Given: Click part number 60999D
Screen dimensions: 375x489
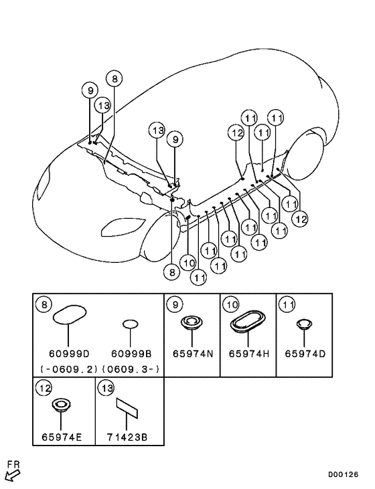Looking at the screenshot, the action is (69, 354).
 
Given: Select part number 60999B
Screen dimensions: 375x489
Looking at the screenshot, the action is (131, 354).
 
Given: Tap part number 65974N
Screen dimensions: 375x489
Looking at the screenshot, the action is (193, 354).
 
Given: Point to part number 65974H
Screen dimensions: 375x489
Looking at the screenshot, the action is (249, 354).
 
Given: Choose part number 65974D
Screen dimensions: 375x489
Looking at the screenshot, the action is (305, 354).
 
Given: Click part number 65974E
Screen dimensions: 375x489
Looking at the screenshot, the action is (62, 437).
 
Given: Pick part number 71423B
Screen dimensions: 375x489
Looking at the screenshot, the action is (127, 437).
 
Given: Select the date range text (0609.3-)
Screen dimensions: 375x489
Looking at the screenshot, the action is (131, 369).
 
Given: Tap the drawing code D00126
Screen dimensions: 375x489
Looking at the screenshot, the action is (343, 475).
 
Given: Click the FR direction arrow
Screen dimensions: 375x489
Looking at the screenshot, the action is (13, 475).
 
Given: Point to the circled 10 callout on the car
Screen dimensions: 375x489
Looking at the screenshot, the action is (189, 262).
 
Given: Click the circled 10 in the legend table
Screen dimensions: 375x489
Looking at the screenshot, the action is (231, 304).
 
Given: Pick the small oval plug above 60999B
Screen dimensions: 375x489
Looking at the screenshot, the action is (130, 324).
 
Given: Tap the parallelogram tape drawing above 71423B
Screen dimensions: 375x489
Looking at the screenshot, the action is (127, 407).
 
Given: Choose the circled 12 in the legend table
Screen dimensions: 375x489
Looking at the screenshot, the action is (44, 388).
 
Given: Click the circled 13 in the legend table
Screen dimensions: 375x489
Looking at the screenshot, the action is (106, 388).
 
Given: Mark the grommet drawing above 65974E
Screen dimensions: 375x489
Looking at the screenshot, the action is (61, 405).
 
